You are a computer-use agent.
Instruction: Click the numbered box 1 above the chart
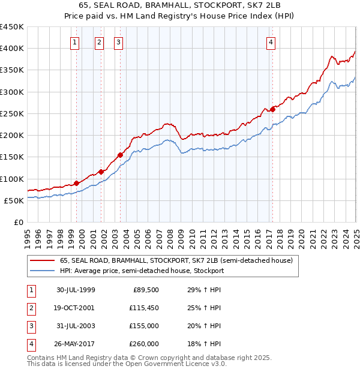coord(75,42)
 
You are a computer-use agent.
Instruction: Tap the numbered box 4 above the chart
coord(271,42)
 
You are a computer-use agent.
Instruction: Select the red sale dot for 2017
coord(272,109)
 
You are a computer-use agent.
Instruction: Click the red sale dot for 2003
coord(121,155)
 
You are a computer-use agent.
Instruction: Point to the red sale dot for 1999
coord(77,183)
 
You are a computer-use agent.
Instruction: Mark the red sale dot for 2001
coord(101,172)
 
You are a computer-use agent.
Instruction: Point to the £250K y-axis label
coord(12,113)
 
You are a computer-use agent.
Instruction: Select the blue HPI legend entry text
coord(142,271)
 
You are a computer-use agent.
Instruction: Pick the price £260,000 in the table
coord(145,344)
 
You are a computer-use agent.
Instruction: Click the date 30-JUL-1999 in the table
coord(76,290)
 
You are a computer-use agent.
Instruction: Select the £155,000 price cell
coord(145,326)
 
